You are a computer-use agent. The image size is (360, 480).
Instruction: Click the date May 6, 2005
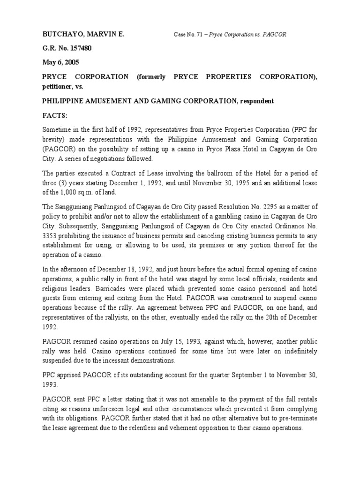[x=60, y=62]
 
